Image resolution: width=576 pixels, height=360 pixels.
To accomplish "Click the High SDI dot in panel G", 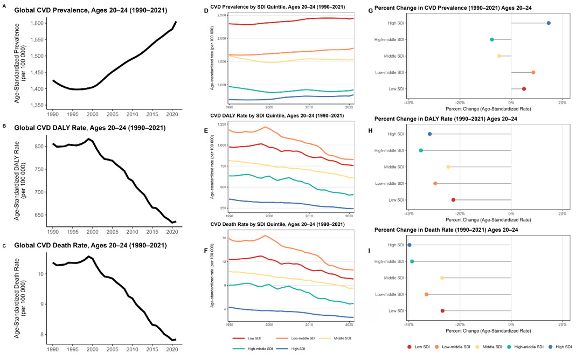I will coord(549,23).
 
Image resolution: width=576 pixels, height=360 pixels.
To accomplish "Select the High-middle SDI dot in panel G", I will coord(492,39).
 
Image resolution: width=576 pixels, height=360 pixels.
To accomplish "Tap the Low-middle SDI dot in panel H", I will coord(435,183).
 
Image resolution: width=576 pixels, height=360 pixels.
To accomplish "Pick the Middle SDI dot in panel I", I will coord(442,278).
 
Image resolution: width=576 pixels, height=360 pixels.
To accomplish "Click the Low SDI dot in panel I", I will coord(442,310).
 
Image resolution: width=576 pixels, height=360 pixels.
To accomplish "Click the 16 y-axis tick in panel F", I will coord(224,237).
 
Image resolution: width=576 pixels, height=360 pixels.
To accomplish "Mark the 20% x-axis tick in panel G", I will coord(562,102).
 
